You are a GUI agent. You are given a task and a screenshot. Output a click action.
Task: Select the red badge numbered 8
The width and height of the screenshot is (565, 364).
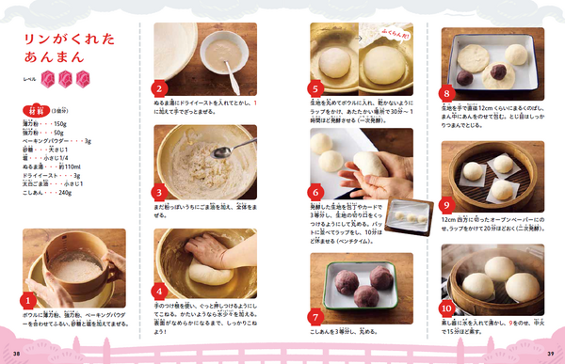(446, 92)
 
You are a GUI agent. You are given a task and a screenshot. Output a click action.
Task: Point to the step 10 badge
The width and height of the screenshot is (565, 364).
(447, 308)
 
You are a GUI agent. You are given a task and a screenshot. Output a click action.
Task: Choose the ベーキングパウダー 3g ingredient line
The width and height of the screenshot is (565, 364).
(56, 141)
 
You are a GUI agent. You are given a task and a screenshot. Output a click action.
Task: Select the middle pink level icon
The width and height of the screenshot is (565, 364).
(65, 78)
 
